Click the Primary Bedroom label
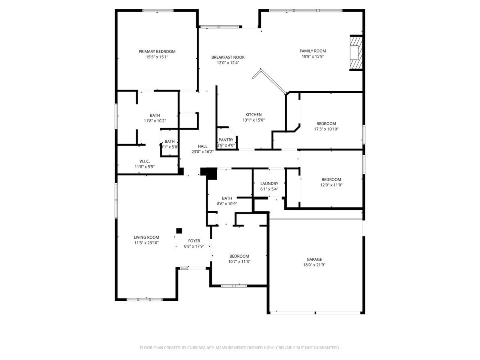(157, 52)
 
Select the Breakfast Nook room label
(228, 57)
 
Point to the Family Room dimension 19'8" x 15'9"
(313, 56)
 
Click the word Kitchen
(254, 115)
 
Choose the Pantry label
(226, 140)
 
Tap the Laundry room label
(269, 184)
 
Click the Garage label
(314, 260)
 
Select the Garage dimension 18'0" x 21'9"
(314, 265)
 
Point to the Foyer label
(194, 241)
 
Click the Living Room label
(146, 237)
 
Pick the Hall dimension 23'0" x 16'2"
(202, 152)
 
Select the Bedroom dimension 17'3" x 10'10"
(326, 129)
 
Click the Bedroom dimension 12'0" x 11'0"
(331, 185)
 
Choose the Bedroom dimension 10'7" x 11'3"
(239, 262)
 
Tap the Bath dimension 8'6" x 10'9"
(227, 204)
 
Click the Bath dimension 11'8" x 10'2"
(155, 120)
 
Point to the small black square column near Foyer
(179, 231)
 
